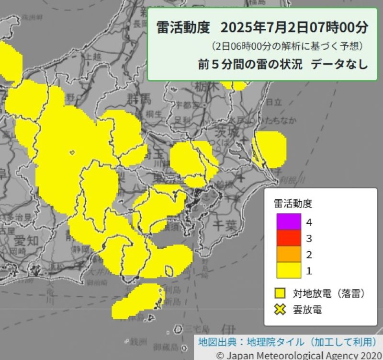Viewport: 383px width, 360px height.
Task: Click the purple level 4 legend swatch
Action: click(288, 222)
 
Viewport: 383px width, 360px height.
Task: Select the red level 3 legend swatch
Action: click(288, 238)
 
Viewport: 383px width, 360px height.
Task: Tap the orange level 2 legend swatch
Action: click(288, 254)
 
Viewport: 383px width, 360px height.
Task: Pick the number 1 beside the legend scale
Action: click(309, 271)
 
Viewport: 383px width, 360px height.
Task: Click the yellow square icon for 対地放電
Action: click(280, 292)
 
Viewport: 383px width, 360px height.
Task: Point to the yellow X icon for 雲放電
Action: click(280, 309)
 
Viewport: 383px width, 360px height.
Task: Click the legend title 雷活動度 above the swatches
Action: click(293, 203)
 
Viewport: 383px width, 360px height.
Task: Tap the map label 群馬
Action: click(139, 100)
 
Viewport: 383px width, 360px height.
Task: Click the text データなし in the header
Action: click(339, 65)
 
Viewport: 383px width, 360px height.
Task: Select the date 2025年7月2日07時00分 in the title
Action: click(295, 27)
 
